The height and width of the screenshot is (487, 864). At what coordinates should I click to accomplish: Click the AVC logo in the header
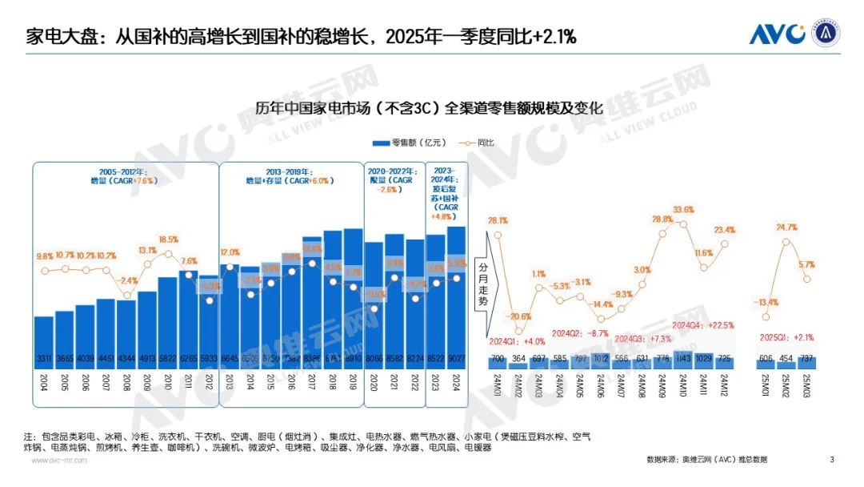[x=778, y=34]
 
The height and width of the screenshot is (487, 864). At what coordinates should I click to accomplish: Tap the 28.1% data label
[x=498, y=221]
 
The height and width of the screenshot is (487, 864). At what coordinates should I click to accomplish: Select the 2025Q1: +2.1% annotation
[x=786, y=336]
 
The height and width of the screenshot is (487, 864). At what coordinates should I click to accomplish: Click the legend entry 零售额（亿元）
[x=403, y=143]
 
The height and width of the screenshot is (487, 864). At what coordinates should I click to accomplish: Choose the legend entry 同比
[x=475, y=143]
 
